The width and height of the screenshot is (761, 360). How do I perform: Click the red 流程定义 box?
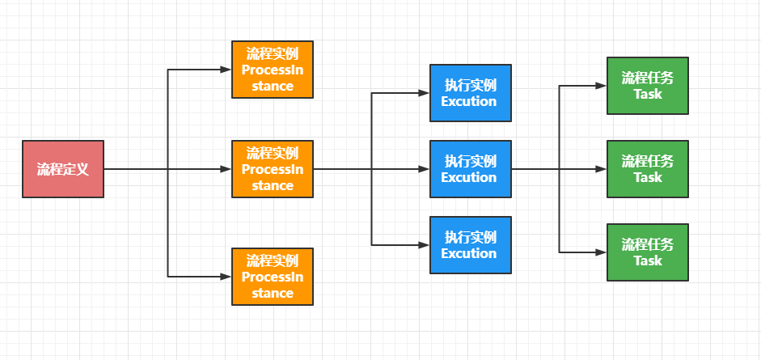coord(63,169)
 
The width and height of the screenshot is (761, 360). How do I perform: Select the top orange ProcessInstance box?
coord(272,70)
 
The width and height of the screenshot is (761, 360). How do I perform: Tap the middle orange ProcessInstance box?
coord(272,169)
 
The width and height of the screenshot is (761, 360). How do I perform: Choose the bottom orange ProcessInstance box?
coord(272,277)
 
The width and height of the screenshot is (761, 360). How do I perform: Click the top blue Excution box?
coord(470,93)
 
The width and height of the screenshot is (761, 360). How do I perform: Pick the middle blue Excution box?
coord(470,169)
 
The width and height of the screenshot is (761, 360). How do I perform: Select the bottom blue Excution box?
coord(470,245)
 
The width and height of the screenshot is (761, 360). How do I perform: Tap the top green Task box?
coord(647,86)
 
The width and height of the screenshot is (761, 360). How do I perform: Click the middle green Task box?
coord(647,169)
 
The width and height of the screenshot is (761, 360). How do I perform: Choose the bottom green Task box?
coord(647,252)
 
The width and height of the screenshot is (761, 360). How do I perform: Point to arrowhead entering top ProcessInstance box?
coord(226,70)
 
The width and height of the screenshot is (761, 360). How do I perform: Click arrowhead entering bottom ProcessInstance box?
coord(226,277)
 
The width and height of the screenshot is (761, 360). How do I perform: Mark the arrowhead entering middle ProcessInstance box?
coord(226,169)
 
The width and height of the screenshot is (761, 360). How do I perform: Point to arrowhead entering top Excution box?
coord(425,93)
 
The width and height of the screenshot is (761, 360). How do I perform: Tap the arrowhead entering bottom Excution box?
coord(425,244)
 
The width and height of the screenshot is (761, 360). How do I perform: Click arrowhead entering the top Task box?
coord(602,86)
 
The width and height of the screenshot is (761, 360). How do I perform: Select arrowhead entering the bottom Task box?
coord(602,252)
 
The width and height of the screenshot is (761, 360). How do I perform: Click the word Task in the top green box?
coord(647,94)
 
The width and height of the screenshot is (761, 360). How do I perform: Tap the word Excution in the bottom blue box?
coord(469,253)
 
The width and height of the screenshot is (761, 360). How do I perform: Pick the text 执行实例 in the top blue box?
coord(470,85)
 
